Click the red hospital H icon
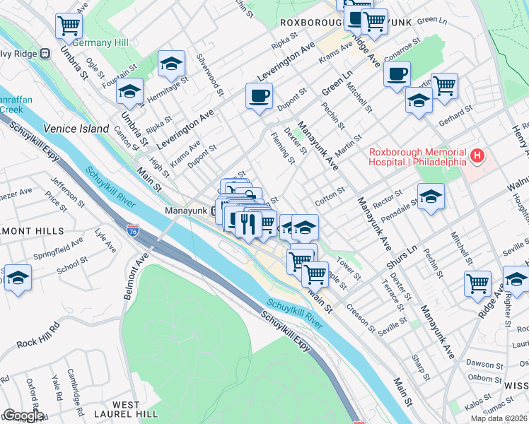[479, 155]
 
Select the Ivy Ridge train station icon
[45, 53]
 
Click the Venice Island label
[76, 129]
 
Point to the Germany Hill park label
[100, 42]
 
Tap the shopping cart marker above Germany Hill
[69, 26]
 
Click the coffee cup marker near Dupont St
[260, 95]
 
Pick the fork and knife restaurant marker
[247, 224]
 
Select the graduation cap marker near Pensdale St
[431, 197]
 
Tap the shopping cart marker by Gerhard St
[445, 86]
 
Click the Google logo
[23, 416]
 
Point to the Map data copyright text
[499, 418]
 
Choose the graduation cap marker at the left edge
[16, 277]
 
